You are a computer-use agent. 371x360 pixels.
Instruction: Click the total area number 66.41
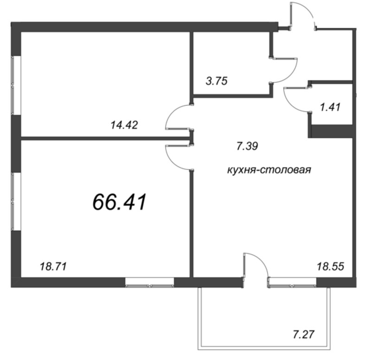[x=120, y=202]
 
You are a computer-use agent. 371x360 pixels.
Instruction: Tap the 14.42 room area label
[x=124, y=125]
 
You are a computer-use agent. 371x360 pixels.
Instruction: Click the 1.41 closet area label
[x=330, y=108]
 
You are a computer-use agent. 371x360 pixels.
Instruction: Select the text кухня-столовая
[x=269, y=170]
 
